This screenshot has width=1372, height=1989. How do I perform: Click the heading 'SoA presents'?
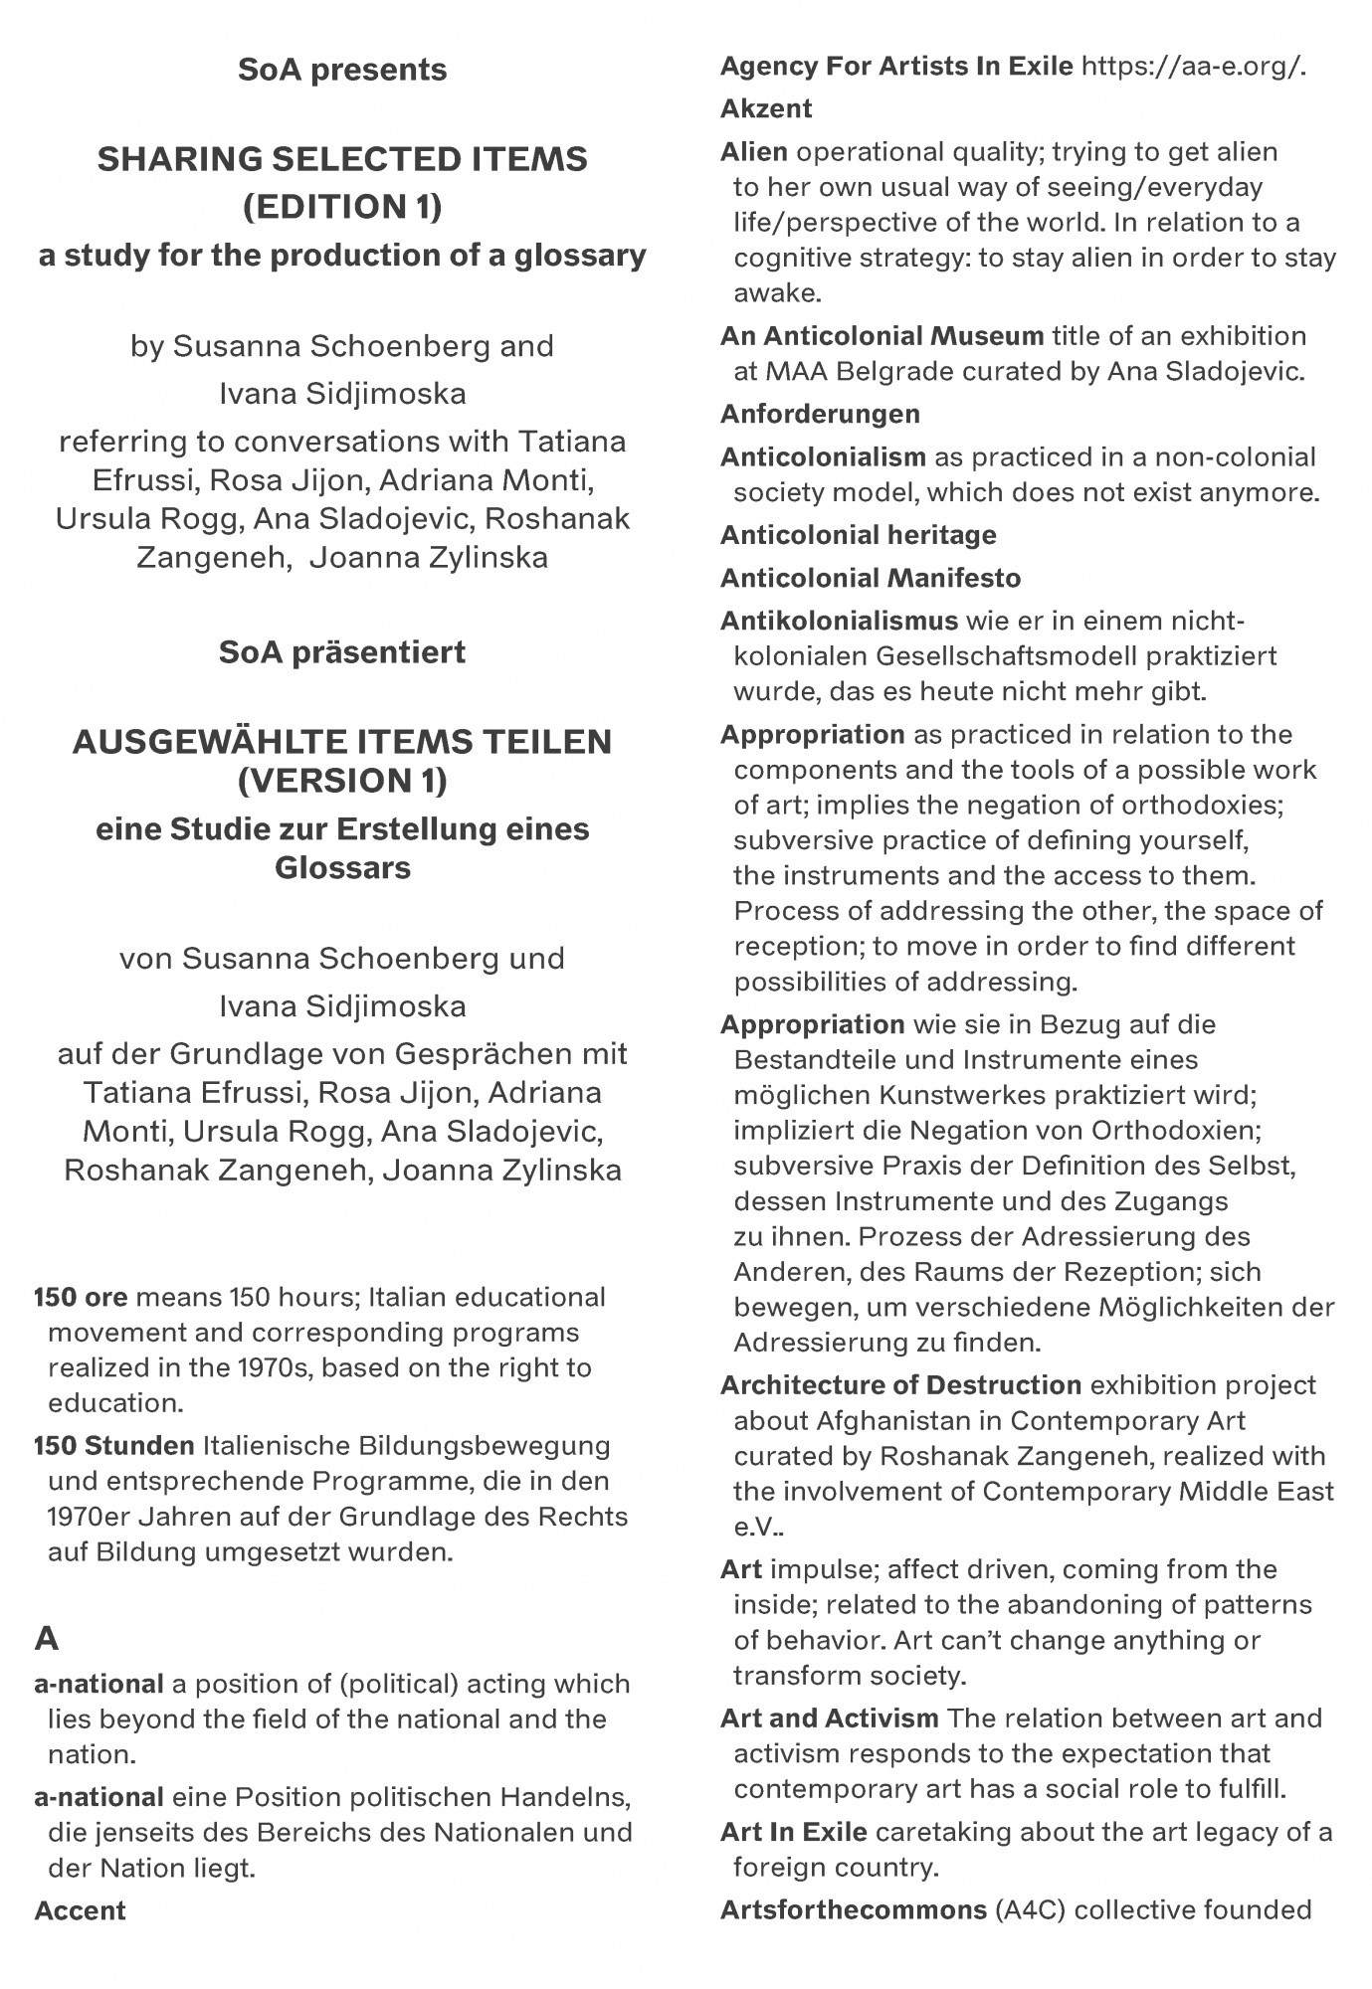(x=342, y=71)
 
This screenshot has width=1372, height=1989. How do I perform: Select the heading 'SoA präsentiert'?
(x=342, y=652)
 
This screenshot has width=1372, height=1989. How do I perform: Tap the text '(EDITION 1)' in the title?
(x=342, y=207)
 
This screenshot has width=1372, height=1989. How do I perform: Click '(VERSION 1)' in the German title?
(x=342, y=781)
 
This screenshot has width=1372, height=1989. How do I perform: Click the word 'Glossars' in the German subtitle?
(x=342, y=867)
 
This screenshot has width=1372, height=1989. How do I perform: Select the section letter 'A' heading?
(x=47, y=1638)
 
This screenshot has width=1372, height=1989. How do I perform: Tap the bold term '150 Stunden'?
(x=113, y=1445)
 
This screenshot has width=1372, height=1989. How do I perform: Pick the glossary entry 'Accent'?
(x=80, y=1910)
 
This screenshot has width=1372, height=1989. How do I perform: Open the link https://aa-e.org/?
(x=1193, y=67)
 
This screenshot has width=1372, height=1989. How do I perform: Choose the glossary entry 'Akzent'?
(x=766, y=108)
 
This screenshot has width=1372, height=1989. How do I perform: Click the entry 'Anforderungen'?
(x=820, y=414)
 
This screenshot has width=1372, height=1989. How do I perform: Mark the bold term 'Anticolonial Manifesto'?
(x=871, y=578)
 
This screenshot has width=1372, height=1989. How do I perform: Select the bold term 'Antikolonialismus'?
(x=839, y=621)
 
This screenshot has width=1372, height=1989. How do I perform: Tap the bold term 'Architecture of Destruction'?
(x=900, y=1384)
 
